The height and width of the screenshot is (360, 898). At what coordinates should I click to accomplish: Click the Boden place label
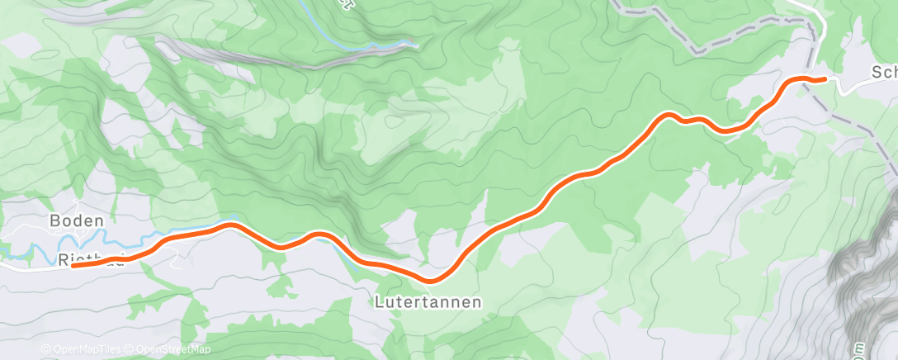77,221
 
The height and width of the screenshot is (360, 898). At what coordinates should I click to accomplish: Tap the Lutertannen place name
428,302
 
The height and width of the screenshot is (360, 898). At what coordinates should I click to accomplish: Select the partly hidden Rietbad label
91,259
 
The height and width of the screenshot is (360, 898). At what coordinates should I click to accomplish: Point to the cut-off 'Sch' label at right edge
883,73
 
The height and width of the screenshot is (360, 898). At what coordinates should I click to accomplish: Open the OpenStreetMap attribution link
171,349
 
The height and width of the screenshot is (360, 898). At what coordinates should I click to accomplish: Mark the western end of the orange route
74,265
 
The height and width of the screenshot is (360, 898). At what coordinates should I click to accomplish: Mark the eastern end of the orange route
823,79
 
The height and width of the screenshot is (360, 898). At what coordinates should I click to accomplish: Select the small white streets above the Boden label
74,203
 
